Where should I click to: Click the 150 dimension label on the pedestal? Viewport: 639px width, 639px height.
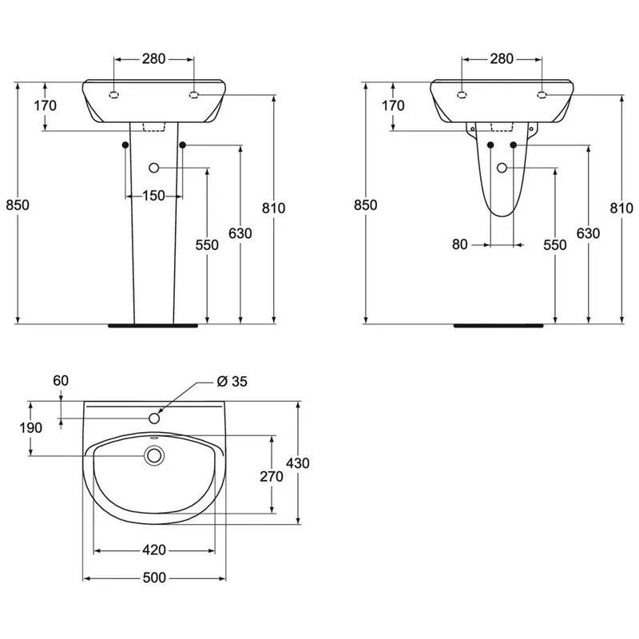tap(153, 196)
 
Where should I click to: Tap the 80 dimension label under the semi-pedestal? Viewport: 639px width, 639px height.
tap(460, 244)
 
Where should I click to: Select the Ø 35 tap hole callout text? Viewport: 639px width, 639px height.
tap(232, 382)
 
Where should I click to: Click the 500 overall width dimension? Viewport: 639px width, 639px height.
tap(154, 577)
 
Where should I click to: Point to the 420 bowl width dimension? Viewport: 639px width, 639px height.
tap(154, 550)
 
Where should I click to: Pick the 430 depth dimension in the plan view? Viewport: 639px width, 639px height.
tap(298, 463)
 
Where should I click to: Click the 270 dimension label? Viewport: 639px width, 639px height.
tap(272, 476)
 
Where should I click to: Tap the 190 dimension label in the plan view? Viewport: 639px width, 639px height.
tap(31, 428)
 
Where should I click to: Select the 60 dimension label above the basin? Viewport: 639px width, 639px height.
tap(61, 381)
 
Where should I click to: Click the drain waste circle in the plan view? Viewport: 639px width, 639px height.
tap(154, 455)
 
